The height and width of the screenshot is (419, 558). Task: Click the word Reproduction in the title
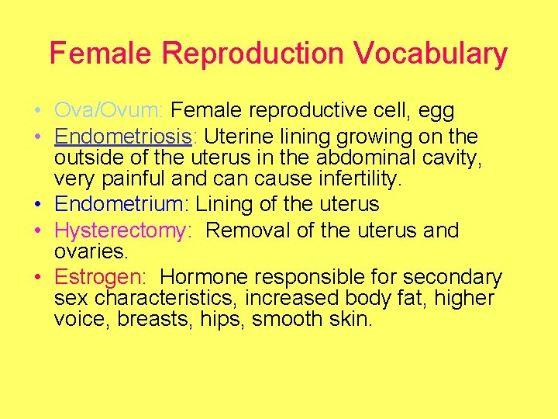pyautogui.click(x=253, y=54)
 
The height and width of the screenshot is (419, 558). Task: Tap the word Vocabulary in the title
pyautogui.click(x=430, y=54)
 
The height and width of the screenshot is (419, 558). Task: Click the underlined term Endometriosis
pyautogui.click(x=122, y=137)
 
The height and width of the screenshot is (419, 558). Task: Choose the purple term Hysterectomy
pyautogui.click(x=122, y=231)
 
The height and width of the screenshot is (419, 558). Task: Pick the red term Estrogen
pyautogui.click(x=103, y=278)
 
